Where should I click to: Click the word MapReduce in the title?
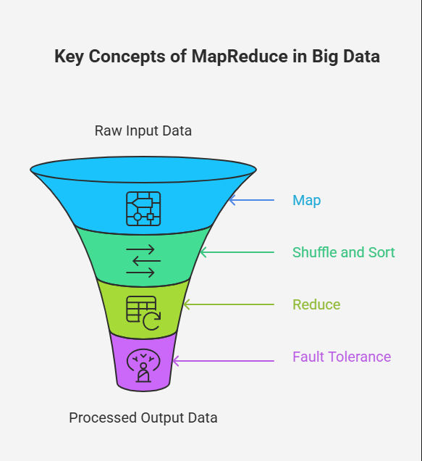(x=240, y=57)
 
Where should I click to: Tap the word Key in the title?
(x=69, y=57)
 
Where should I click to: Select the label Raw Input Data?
(x=143, y=130)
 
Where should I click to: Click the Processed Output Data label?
(x=143, y=418)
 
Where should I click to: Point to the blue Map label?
(x=307, y=201)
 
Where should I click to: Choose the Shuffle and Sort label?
(x=344, y=252)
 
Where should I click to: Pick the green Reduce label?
(x=316, y=304)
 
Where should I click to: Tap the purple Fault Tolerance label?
(x=342, y=357)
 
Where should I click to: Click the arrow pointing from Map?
(x=252, y=200)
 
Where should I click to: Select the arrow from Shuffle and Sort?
(x=237, y=252)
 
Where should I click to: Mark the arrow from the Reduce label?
(x=229, y=304)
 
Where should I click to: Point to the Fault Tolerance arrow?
(x=224, y=361)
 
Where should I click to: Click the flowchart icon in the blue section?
(x=143, y=209)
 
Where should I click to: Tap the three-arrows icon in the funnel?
(x=143, y=261)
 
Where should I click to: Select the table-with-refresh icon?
(x=143, y=313)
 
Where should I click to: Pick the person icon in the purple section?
(x=143, y=365)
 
